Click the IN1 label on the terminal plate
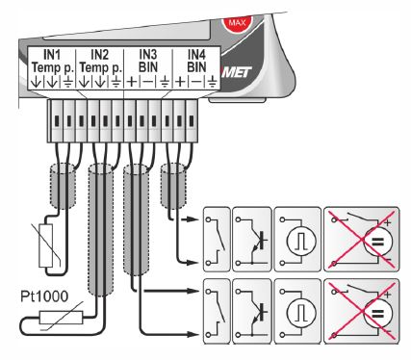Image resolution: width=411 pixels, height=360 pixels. tap(52, 55)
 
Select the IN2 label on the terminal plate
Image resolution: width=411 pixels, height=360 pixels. tap(100, 55)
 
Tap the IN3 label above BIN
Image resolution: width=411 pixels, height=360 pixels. tap(148, 55)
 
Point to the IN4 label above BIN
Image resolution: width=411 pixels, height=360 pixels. tap(196, 55)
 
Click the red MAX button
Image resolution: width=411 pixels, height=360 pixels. tap(238, 22)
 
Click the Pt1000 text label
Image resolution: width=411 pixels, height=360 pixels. tap(44, 296)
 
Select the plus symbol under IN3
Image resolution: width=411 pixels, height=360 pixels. tap(132, 82)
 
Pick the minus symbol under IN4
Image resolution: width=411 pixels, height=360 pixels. tap(196, 82)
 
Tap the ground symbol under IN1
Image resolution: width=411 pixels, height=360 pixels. tap(67, 82)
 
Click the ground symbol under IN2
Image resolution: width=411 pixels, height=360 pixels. tap(116, 82)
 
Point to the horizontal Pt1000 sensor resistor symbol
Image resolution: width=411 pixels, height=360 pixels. tap(61, 317)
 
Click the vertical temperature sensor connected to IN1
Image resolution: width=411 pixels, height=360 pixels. tap(45, 245)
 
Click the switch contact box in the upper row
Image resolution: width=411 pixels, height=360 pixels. tap(217, 240)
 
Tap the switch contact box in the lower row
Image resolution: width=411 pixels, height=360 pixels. tap(217, 312)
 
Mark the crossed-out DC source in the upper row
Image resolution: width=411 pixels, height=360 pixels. tap(362, 240)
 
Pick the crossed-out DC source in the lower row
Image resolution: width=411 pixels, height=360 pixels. tap(362, 311)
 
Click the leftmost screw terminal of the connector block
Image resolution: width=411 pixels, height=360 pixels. tap(57, 120)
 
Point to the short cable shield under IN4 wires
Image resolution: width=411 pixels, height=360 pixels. tap(173, 186)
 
